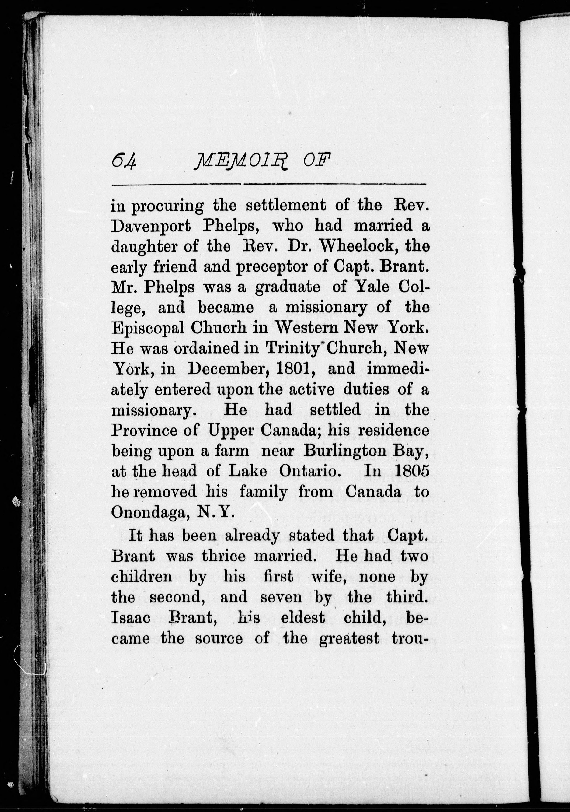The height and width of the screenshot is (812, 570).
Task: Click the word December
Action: [230, 369]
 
